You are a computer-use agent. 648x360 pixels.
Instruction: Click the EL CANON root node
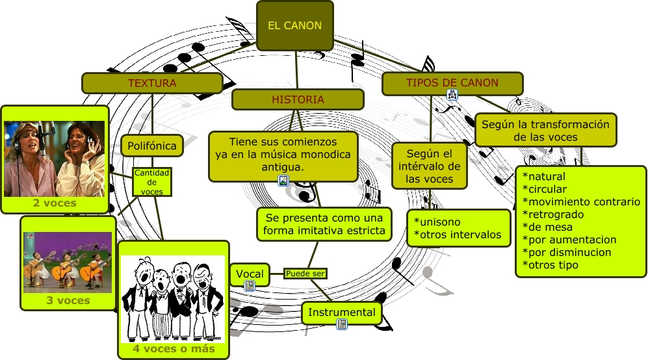click(x=294, y=26)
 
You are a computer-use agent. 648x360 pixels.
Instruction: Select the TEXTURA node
click(x=151, y=83)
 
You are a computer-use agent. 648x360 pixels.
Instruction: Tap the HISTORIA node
click(x=298, y=99)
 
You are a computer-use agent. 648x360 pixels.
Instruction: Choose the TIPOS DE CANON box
click(x=452, y=83)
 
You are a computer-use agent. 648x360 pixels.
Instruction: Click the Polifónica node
click(x=152, y=146)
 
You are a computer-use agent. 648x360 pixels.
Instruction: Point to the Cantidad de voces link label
click(x=152, y=182)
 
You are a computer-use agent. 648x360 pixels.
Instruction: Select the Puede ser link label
click(x=305, y=274)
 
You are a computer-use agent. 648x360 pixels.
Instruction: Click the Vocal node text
click(x=250, y=274)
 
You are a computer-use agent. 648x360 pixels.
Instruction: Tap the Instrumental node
click(x=341, y=313)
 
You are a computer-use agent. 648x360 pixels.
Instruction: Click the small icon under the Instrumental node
click(x=341, y=324)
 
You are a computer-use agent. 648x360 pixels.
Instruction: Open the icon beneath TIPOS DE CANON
click(x=452, y=95)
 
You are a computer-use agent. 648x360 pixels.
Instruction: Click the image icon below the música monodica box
click(x=283, y=181)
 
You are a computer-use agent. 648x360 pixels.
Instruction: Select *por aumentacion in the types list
click(x=569, y=240)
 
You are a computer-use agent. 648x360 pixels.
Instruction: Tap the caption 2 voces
click(x=55, y=203)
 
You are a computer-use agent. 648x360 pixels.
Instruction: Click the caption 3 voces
click(x=68, y=300)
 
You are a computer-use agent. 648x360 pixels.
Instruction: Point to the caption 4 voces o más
click(x=174, y=349)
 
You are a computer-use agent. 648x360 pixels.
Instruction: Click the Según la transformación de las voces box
click(x=545, y=131)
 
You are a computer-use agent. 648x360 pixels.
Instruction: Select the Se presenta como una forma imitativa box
click(x=324, y=224)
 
